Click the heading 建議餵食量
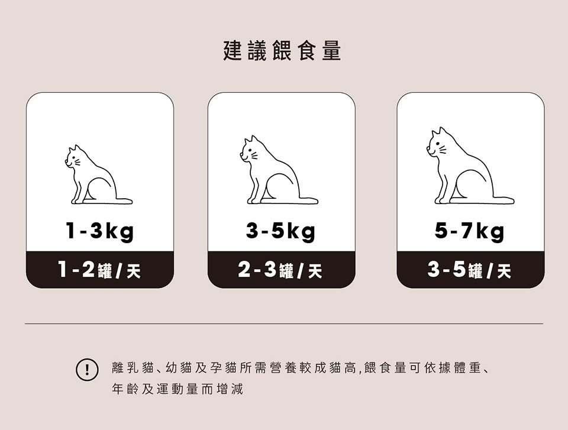tap(282, 51)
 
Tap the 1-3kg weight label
tap(99, 231)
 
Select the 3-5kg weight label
tap(280, 231)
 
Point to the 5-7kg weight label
tap(469, 231)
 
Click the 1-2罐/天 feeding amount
tap(99, 270)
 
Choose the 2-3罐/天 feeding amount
tap(280, 270)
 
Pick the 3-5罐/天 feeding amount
tap(469, 270)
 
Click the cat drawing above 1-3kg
tap(99, 174)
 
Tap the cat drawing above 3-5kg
tap(279, 170)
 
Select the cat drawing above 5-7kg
tap(470, 166)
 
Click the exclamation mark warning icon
tap(87, 370)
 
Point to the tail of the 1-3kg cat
tap(124, 201)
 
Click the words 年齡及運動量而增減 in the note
tap(177, 389)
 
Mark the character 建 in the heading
tap(233, 51)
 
